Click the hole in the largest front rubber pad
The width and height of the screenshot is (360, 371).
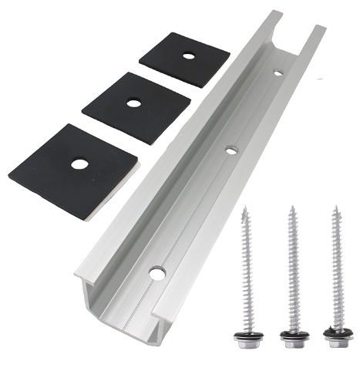(x=79, y=164)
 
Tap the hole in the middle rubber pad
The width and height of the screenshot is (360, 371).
(x=134, y=103)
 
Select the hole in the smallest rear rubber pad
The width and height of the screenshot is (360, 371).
(x=186, y=56)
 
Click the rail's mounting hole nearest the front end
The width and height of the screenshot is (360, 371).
(x=157, y=273)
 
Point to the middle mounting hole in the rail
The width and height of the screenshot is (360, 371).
(x=230, y=150)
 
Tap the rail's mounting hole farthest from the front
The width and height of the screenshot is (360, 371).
(x=278, y=74)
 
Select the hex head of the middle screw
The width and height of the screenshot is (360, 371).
(x=292, y=337)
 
